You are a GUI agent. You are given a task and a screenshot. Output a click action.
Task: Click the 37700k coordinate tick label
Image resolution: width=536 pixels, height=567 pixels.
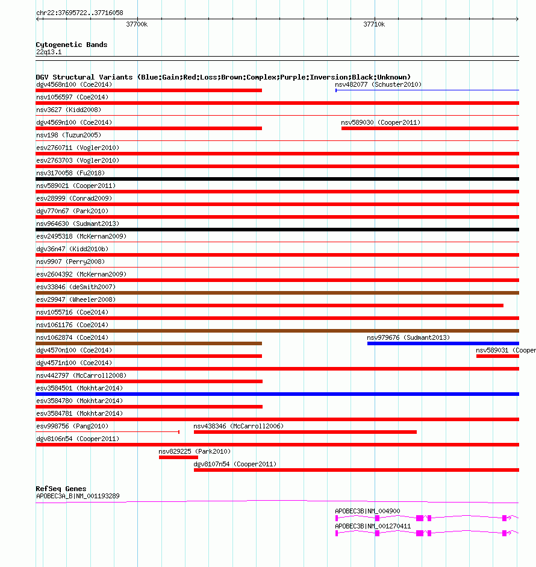137,25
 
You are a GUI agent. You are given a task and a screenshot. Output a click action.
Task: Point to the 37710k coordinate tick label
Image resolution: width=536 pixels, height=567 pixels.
374,25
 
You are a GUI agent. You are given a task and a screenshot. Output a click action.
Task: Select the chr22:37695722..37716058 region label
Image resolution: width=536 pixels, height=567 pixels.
79,13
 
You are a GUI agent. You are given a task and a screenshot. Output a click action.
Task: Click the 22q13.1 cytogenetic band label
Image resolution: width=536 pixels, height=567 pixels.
49,52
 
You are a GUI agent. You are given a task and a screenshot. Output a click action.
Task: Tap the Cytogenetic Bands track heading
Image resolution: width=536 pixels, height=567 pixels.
72,45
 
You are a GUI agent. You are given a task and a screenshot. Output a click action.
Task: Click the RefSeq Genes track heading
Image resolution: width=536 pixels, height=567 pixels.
61,489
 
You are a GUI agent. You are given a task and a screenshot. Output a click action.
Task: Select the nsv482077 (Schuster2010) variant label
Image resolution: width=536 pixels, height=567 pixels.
378,84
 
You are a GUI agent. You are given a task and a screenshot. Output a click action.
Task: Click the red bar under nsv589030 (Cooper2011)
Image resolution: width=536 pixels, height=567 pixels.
429,128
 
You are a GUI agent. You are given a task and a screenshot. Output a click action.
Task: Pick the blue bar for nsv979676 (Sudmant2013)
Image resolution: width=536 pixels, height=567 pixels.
443,343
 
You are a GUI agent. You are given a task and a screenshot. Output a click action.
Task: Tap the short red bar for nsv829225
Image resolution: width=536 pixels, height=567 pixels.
178,457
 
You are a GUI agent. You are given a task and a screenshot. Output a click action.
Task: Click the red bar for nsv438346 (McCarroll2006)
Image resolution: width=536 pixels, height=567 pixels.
305,432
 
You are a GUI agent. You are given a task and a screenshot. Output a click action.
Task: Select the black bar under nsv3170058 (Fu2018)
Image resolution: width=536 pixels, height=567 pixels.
277,179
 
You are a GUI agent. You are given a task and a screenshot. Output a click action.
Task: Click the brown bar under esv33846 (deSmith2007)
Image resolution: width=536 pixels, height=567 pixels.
277,293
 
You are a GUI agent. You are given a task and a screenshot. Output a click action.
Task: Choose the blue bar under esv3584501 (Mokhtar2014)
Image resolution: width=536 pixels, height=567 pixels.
277,394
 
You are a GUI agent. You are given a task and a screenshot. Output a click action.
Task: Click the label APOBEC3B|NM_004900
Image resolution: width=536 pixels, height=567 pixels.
367,511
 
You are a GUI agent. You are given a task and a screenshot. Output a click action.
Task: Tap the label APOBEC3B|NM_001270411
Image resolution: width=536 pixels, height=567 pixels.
373,526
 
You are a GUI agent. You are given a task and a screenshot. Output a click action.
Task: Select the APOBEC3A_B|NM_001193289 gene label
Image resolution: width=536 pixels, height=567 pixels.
78,497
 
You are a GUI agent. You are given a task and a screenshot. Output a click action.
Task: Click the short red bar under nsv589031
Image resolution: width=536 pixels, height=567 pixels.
497,356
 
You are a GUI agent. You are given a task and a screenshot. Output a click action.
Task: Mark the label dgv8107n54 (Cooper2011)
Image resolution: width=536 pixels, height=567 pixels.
235,464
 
